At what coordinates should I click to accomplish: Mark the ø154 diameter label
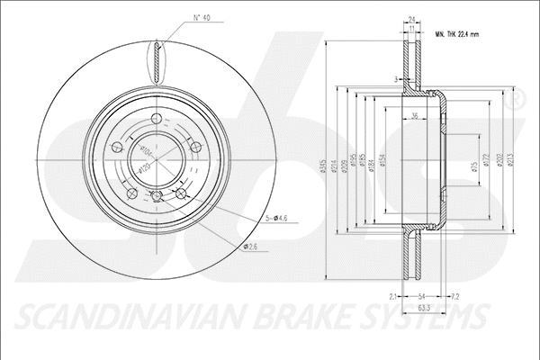click(382, 159)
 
